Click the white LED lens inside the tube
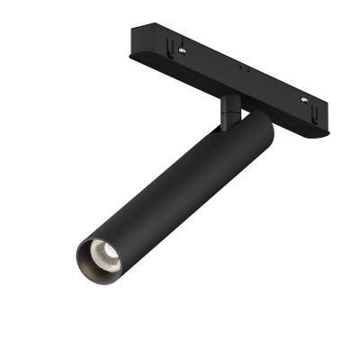point(100,257)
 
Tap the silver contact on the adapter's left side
point(183,51)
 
